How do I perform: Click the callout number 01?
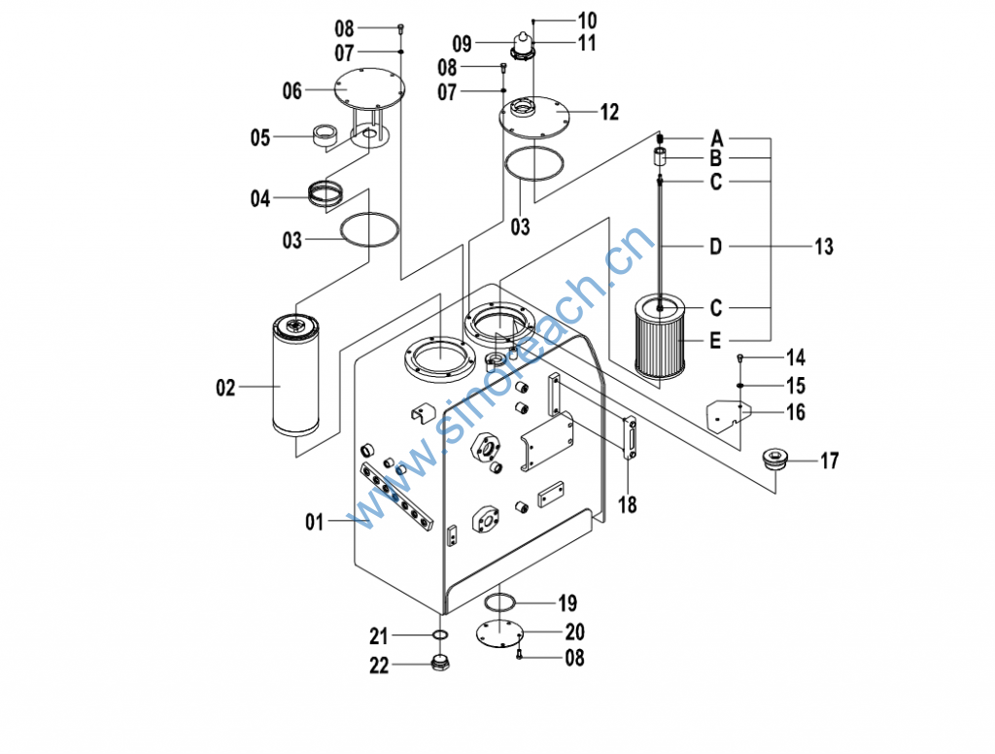click(313, 523)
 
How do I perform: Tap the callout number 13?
click(823, 247)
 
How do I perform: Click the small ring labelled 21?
click(439, 636)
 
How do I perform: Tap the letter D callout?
click(715, 247)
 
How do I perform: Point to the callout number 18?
click(628, 505)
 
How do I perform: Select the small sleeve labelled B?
click(660, 157)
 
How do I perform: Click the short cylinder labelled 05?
click(324, 136)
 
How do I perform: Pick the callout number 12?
click(608, 113)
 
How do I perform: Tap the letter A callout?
click(717, 137)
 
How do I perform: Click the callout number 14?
click(795, 358)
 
